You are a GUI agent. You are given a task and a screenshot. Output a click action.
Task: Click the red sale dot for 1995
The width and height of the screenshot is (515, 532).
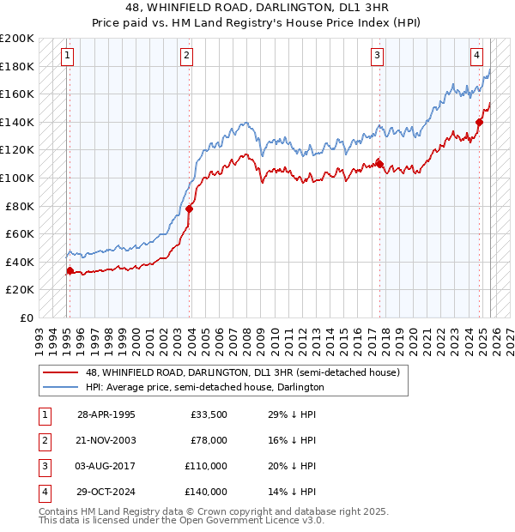point(70,270)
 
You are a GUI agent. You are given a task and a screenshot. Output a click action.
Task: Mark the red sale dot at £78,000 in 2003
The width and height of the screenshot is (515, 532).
point(190,209)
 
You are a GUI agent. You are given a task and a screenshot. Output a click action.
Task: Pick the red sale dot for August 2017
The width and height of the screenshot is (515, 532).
point(379,163)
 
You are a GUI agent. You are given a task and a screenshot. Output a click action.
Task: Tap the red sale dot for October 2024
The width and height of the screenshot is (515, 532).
point(480,122)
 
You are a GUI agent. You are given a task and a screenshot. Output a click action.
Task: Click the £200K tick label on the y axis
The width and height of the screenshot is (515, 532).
point(17,39)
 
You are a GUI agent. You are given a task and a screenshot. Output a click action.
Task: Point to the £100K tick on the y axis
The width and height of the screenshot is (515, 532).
point(17,178)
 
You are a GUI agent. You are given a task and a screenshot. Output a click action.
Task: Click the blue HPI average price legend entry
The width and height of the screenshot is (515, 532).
point(204,387)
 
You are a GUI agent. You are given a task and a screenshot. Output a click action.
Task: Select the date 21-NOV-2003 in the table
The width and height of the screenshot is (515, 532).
point(106,440)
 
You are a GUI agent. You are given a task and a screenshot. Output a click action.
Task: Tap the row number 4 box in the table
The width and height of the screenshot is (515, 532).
point(43,492)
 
